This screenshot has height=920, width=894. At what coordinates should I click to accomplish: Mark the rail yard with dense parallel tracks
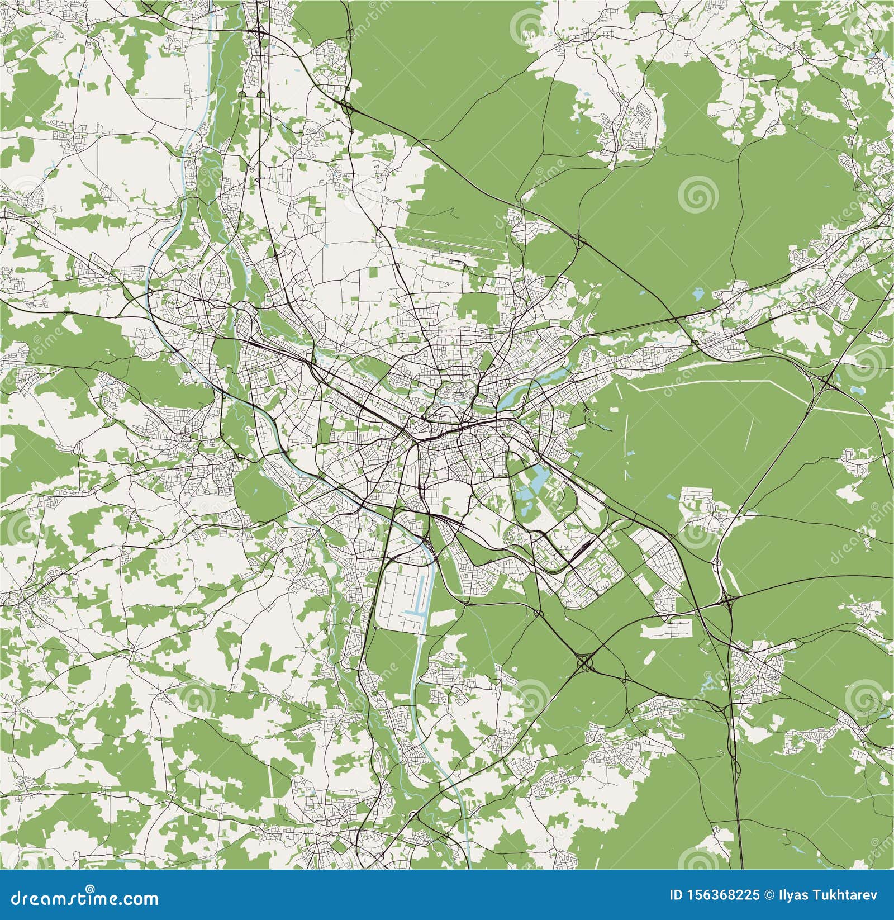pyautogui.click(x=581, y=545)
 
